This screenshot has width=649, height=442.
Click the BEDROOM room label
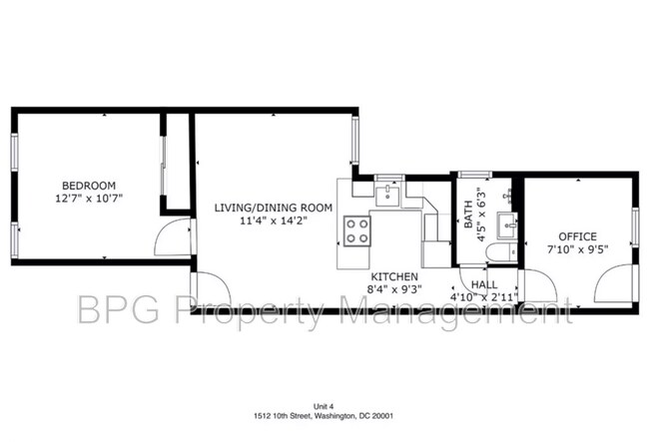pyautogui.click(x=89, y=185)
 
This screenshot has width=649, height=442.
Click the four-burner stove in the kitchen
pyautogui.click(x=356, y=230)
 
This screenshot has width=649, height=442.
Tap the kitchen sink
pyautogui.click(x=386, y=192)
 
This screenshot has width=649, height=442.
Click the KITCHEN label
pyautogui.click(x=394, y=276)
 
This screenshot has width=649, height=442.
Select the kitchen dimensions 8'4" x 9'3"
pyautogui.click(x=394, y=290)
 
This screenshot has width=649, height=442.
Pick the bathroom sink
pyautogui.click(x=510, y=221)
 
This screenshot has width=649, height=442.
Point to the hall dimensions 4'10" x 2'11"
pyautogui.click(x=484, y=297)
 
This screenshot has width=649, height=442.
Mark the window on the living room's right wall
pyautogui.click(x=353, y=139)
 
